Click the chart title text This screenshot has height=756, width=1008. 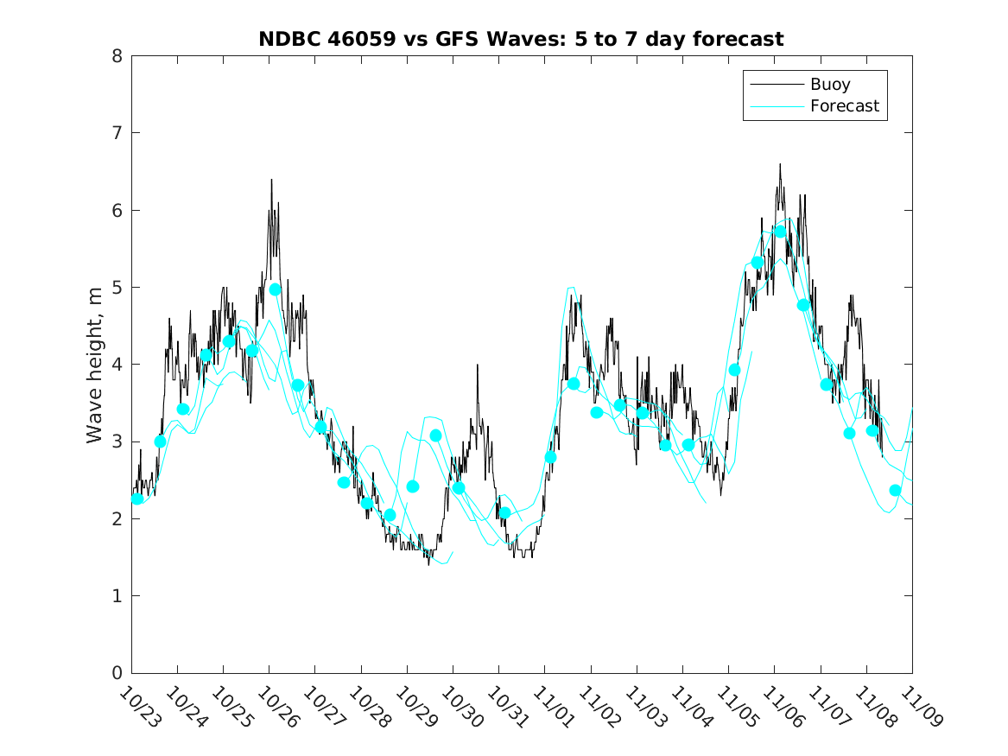pos(521,39)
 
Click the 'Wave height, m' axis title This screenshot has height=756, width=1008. pos(95,365)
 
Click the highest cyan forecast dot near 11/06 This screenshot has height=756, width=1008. pos(780,232)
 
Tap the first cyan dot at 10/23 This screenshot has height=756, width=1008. pos(137,499)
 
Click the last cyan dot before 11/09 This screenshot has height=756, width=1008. pos(895,491)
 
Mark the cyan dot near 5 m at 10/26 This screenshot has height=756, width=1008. pos(276,289)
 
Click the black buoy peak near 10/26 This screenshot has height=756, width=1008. pos(271,181)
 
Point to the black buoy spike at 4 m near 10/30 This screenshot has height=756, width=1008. pos(477,365)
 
